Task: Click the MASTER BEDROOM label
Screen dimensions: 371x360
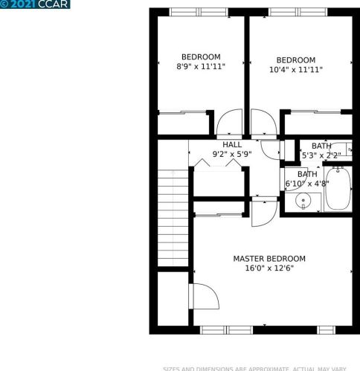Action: [269, 259]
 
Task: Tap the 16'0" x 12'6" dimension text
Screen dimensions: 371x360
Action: [269, 268]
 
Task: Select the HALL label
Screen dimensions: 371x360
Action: [231, 144]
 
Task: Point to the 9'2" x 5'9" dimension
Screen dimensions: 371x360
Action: [231, 155]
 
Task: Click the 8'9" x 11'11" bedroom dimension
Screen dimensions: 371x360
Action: [201, 66]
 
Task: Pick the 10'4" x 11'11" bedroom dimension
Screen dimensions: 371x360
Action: [295, 70]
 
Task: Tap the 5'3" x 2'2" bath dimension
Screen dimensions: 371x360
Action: [321, 155]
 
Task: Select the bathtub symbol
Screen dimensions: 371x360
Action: [340, 190]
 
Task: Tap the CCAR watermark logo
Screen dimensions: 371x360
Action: [36, 4]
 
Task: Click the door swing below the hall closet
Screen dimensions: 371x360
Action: [262, 213]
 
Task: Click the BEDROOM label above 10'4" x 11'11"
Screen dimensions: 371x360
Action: [295, 60]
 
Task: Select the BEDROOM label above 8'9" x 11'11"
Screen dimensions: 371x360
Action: [201, 57]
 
